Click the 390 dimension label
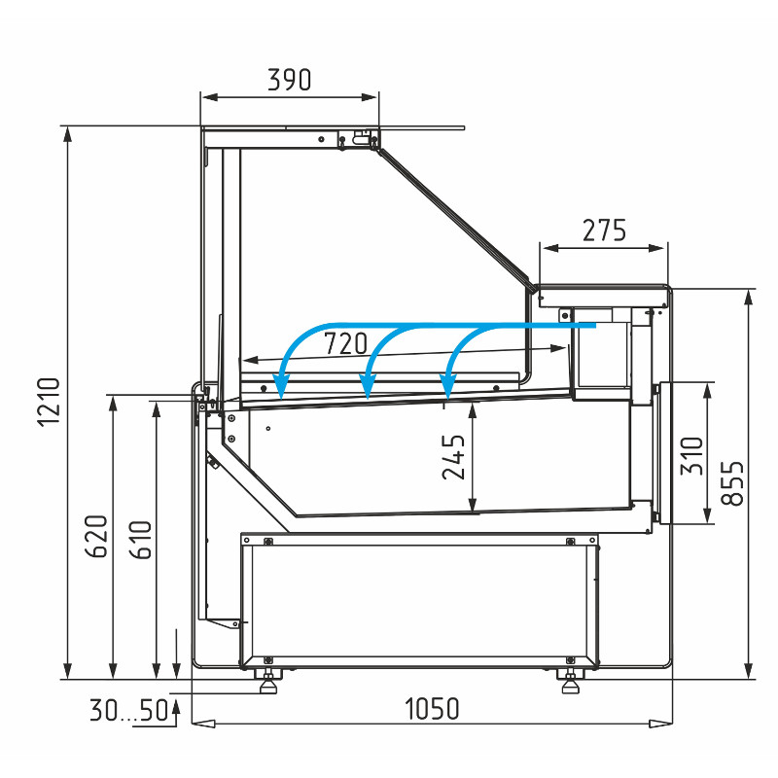click(x=289, y=80)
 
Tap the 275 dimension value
click(x=604, y=230)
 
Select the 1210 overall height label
click(x=49, y=402)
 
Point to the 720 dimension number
click(x=346, y=343)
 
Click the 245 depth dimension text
click(x=453, y=457)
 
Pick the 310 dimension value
click(x=691, y=455)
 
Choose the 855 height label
click(x=732, y=483)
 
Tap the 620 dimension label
click(x=96, y=537)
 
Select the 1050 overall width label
click(x=432, y=709)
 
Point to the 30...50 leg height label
click(x=129, y=710)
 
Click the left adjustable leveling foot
click(x=268, y=680)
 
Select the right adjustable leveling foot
click(x=571, y=680)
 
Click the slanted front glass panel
click(x=454, y=218)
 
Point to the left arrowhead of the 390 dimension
click(x=209, y=97)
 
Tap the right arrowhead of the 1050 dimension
click(x=661, y=724)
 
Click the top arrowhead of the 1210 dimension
click(x=67, y=134)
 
